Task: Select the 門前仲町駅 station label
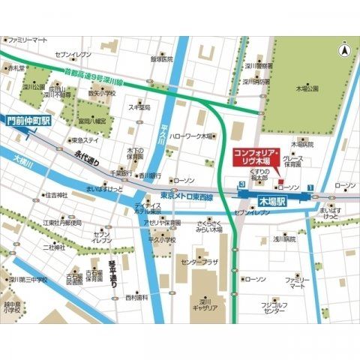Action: pos(28,119)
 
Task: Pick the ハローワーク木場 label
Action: pos(191,136)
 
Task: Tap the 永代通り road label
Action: pos(86,159)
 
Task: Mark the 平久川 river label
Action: pos(164,135)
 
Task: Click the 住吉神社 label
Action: pos(56,195)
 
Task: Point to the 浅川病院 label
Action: pos(284,239)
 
